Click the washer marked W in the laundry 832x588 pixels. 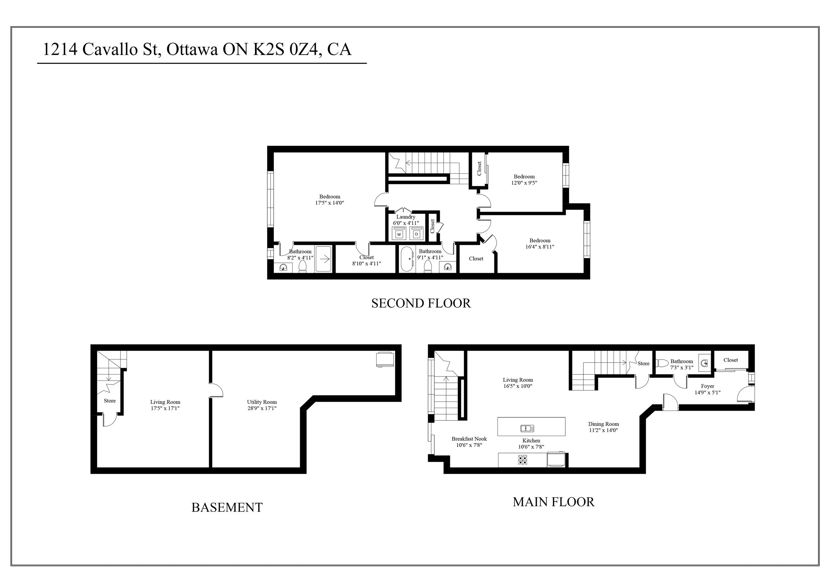pyautogui.click(x=399, y=234)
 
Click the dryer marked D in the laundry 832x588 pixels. pyautogui.click(x=416, y=234)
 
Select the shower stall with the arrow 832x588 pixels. pyautogui.click(x=323, y=259)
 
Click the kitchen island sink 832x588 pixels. pyautogui.click(x=527, y=429)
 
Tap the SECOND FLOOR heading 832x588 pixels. pyautogui.click(x=421, y=303)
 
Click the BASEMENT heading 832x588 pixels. pyautogui.click(x=227, y=507)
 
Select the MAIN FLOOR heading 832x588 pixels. pyautogui.click(x=553, y=502)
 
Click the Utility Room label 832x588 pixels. pyautogui.click(x=262, y=402)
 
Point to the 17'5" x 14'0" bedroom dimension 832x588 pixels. pyautogui.click(x=329, y=203)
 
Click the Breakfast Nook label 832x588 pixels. pyautogui.click(x=469, y=439)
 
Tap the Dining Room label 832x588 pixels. pyautogui.click(x=603, y=424)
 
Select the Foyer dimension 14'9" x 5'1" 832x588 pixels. pyautogui.click(x=707, y=392)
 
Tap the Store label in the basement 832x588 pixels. pyautogui.click(x=110, y=401)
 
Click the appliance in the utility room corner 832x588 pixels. pyautogui.click(x=385, y=360)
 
